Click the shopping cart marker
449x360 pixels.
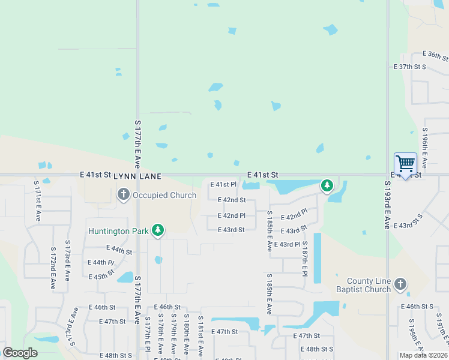point(405,164)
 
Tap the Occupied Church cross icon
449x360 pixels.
point(124,194)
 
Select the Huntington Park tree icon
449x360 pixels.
point(158,230)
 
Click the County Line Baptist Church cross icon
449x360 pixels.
point(400,284)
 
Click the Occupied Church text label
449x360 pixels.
point(164,195)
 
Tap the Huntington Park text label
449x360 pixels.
point(118,231)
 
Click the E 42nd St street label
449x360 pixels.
point(232,200)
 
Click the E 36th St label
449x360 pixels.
point(435,56)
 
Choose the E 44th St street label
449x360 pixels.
point(119,250)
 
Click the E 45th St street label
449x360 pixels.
point(101,277)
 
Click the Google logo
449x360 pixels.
point(20,353)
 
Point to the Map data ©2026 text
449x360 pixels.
point(423,355)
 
